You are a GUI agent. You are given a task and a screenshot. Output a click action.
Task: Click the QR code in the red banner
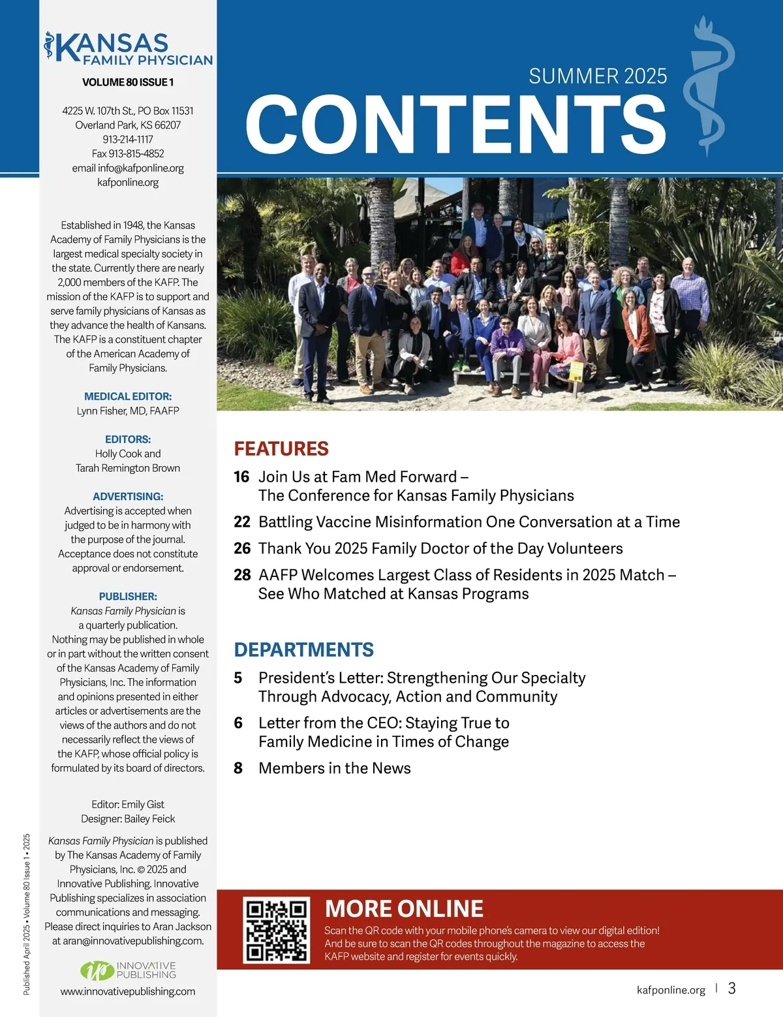[276, 930]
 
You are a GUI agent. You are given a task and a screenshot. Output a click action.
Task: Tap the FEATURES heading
[281, 448]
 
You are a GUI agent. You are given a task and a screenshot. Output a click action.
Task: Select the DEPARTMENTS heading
[303, 649]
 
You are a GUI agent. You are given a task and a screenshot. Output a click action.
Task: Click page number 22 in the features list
[241, 522]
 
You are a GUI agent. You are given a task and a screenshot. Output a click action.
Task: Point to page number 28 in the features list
[241, 575]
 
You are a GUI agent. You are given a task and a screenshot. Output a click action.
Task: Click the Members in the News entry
[334, 768]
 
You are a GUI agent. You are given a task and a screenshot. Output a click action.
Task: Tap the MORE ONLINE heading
[404, 909]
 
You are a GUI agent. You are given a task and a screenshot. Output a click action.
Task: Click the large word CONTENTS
[455, 124]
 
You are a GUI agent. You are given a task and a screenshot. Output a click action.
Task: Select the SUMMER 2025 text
[598, 76]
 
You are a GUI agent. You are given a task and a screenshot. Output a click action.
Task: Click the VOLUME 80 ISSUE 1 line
[128, 82]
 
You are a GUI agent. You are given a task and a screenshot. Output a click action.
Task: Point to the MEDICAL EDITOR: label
[128, 396]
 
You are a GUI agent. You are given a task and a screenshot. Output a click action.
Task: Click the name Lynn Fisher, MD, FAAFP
[128, 411]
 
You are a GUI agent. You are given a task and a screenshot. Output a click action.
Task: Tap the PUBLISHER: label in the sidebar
[128, 597]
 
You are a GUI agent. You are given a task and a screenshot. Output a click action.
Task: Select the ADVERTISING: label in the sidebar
[128, 497]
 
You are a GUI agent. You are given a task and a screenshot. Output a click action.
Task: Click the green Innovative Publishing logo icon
[97, 971]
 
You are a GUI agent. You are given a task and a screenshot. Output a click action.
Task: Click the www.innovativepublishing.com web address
[128, 992]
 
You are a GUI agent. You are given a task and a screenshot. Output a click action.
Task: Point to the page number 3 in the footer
[731, 988]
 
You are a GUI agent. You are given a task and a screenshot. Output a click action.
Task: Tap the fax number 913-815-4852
[128, 154]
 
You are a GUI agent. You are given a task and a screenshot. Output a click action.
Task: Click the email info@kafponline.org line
[128, 168]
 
